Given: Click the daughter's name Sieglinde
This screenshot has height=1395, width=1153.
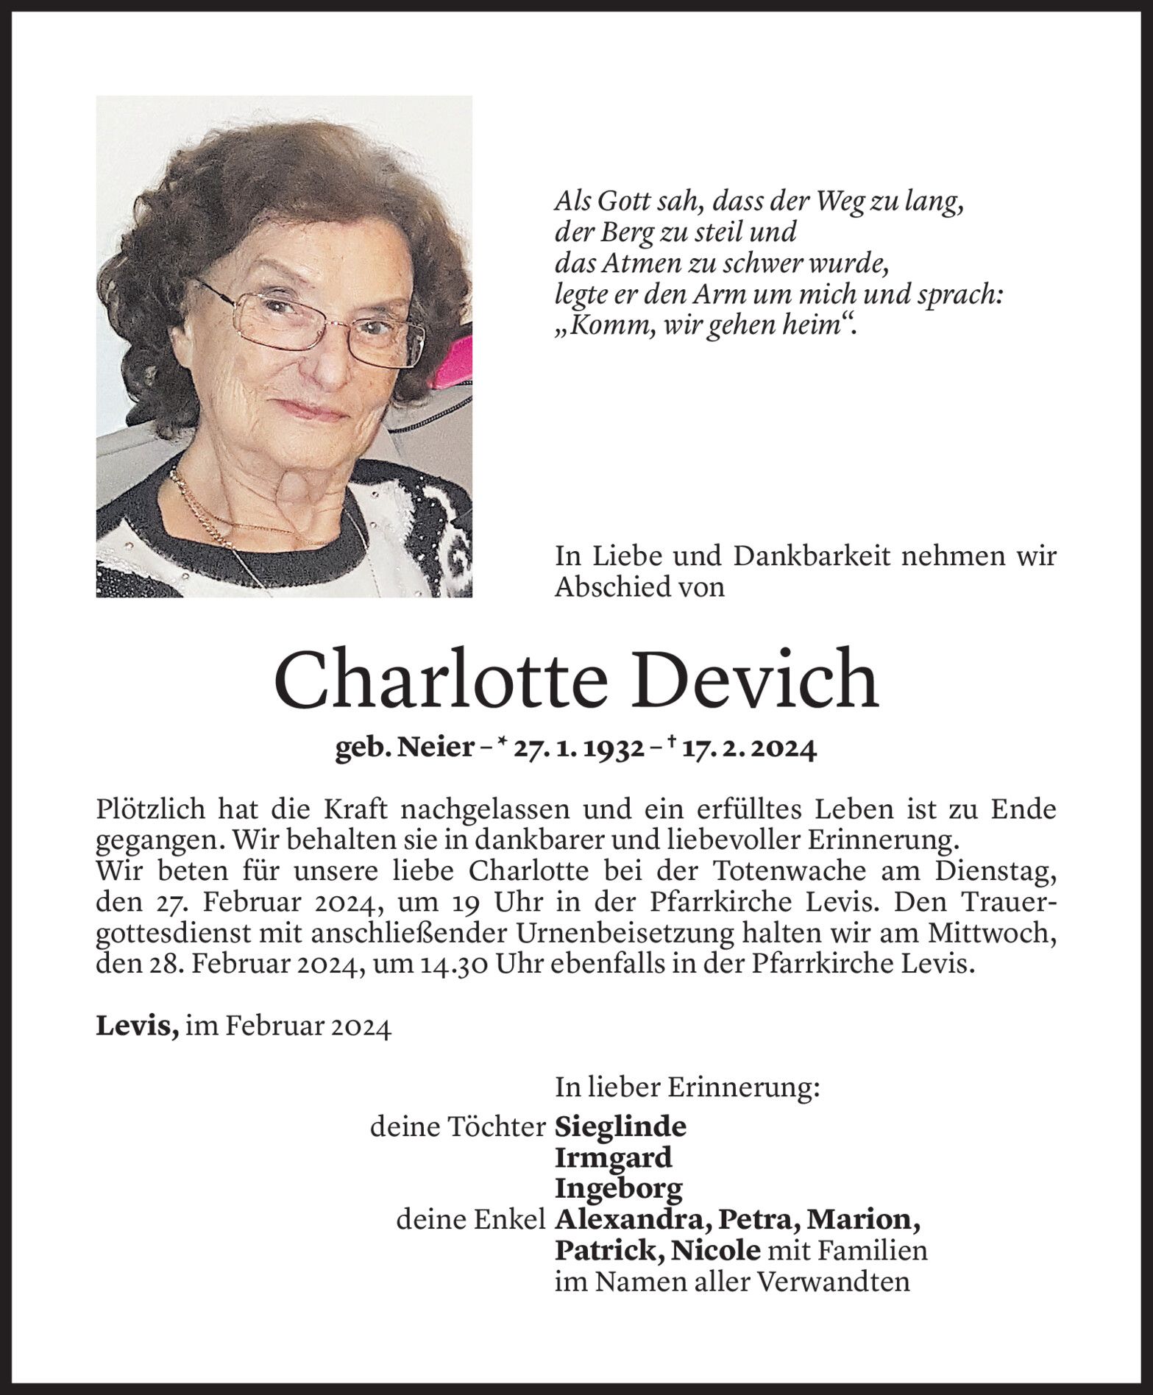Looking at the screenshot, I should tap(621, 1126).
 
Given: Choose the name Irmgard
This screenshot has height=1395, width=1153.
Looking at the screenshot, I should tap(614, 1158).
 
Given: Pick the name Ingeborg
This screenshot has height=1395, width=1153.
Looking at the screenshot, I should tap(619, 1189).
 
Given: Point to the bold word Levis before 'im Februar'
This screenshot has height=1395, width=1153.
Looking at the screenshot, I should tap(137, 1026).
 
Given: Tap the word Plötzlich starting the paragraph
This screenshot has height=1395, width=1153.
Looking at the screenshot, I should tap(152, 810).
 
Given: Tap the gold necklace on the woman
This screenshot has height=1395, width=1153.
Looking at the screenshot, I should tap(213, 511).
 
